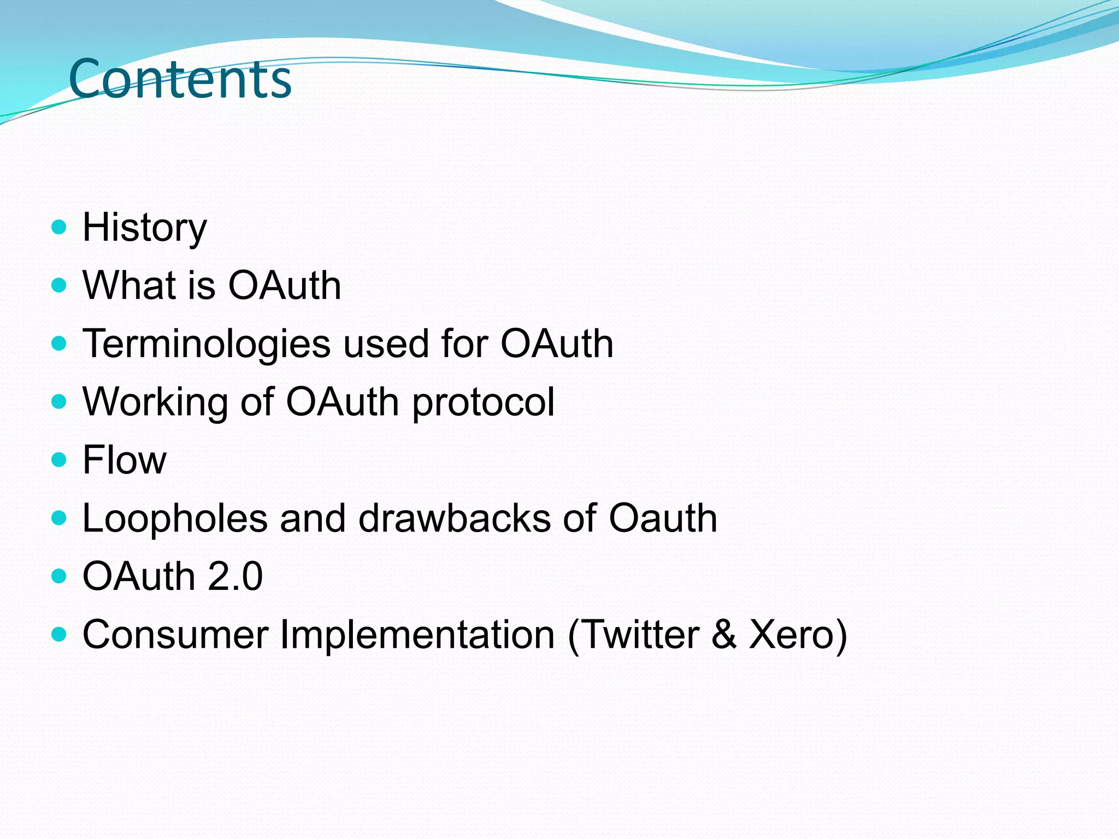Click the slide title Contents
(x=180, y=79)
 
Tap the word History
(x=144, y=228)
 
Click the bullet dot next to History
(x=58, y=227)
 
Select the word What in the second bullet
(x=129, y=285)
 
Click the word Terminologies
(x=206, y=344)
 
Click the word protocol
(x=483, y=403)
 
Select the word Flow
(x=124, y=460)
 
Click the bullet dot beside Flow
(x=58, y=459)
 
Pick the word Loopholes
(x=175, y=518)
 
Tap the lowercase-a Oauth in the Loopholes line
(x=662, y=518)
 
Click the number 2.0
(x=235, y=576)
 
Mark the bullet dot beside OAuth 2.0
(x=58, y=576)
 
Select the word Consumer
(x=175, y=635)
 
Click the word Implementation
(x=417, y=635)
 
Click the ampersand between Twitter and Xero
(x=724, y=635)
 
